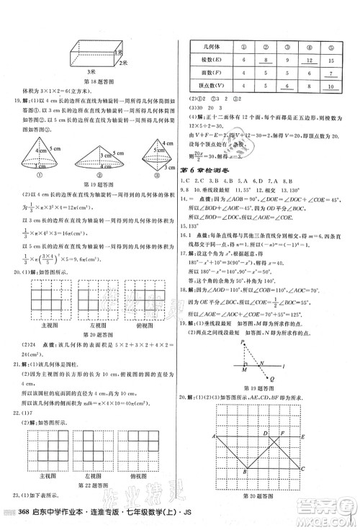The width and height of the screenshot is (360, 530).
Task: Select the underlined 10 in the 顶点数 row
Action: (x=333, y=86)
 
